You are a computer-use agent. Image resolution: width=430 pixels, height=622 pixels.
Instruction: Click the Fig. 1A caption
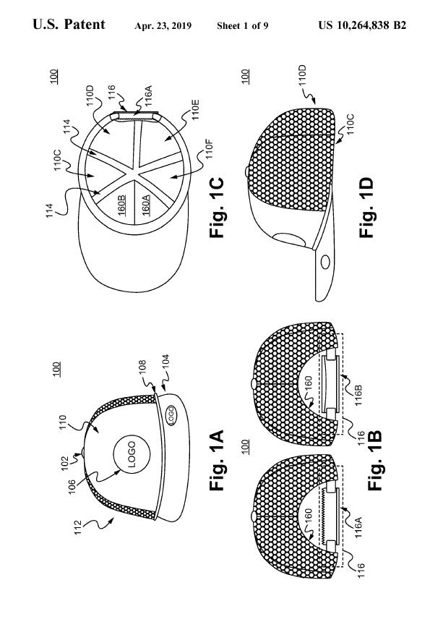(217, 460)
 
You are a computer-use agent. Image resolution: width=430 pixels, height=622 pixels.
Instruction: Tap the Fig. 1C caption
(217, 208)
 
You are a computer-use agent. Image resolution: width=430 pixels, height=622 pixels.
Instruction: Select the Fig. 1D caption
(366, 208)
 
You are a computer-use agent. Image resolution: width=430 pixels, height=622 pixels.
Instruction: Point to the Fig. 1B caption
(374, 460)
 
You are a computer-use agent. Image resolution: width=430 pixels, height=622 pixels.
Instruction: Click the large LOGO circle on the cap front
(132, 454)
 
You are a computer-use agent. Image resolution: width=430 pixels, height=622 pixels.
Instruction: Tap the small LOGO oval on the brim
(171, 415)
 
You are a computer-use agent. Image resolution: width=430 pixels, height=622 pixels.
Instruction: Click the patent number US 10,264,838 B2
(362, 26)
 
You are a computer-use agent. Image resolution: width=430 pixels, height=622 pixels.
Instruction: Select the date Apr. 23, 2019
(163, 26)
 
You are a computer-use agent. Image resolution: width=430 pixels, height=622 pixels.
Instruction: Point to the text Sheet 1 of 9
(243, 26)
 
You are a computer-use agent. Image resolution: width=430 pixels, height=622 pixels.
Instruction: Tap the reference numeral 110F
(210, 148)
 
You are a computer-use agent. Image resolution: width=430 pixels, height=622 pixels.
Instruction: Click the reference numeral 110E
(196, 110)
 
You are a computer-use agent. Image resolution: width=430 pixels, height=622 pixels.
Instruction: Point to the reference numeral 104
(165, 362)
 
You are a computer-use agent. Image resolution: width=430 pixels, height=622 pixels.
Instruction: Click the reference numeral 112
(77, 527)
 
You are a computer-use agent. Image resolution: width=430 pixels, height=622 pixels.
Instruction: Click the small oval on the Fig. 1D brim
(325, 262)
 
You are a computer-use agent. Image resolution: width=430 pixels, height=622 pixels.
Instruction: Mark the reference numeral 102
(65, 463)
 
